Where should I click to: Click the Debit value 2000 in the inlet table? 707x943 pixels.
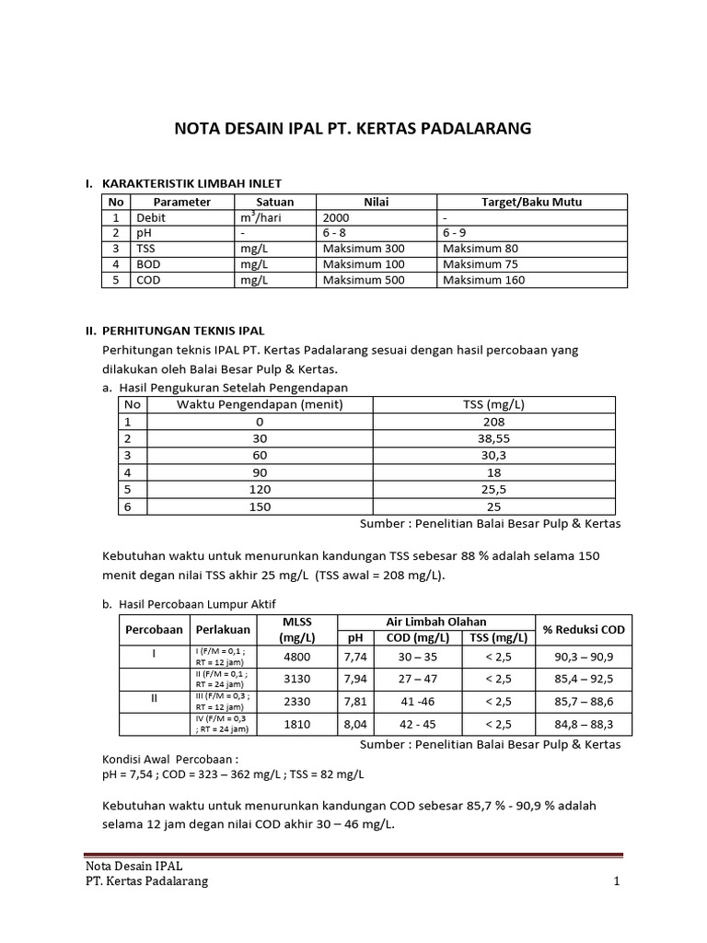[338, 217]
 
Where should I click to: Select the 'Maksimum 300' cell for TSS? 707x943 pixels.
[364, 249]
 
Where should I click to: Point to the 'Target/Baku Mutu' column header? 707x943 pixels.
[531, 202]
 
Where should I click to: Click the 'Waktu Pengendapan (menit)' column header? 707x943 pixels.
[260, 404]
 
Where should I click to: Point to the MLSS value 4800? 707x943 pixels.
[298, 657]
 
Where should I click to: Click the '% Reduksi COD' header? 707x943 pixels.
[584, 629]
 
